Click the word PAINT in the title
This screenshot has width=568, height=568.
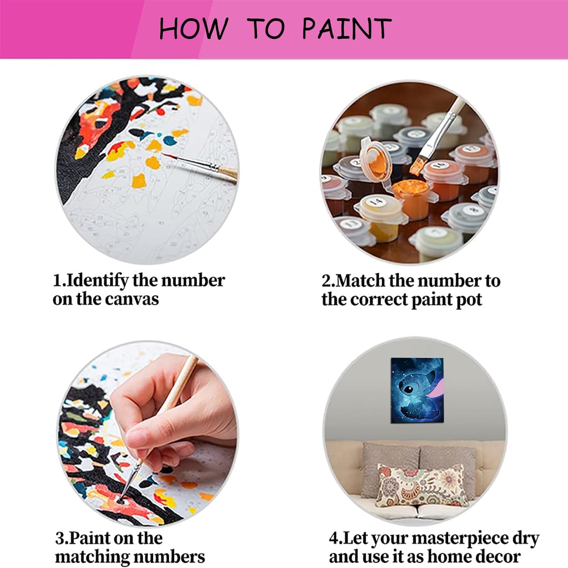[346, 28]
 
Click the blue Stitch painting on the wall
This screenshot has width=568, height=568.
[417, 390]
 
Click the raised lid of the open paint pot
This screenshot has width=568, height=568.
[375, 159]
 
